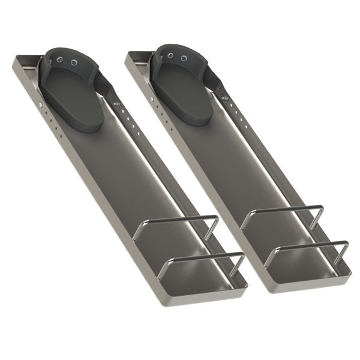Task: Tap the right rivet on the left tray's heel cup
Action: click(x=74, y=62)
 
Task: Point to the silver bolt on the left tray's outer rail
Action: click(x=40, y=106)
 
